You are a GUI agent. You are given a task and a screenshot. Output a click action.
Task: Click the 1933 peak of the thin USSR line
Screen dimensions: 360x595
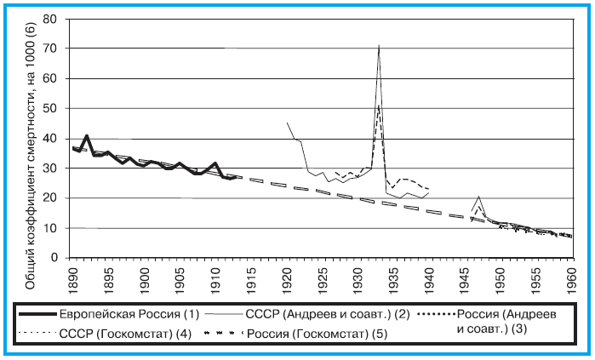(x=379, y=45)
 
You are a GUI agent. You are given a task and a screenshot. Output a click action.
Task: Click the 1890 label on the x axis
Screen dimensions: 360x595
(x=74, y=277)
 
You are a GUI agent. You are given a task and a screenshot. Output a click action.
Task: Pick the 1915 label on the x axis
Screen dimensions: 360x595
(x=251, y=277)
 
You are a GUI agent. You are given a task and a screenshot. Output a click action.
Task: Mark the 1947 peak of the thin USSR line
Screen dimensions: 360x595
(x=479, y=197)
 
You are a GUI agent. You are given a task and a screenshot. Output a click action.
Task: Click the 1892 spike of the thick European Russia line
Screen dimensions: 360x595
(x=87, y=135)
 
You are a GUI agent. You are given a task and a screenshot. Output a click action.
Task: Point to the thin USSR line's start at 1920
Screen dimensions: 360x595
(x=287, y=123)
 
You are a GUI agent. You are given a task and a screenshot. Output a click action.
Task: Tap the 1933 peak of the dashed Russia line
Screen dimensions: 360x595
(x=379, y=104)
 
